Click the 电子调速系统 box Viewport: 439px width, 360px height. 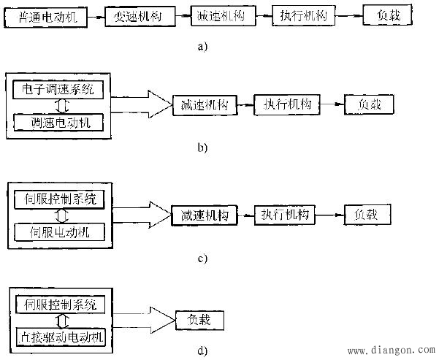click(x=58, y=91)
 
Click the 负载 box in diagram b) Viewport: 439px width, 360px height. click(x=369, y=105)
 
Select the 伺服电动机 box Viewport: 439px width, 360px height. click(x=58, y=231)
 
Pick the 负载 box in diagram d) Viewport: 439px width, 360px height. click(x=199, y=320)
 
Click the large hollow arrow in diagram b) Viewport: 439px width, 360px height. click(x=142, y=105)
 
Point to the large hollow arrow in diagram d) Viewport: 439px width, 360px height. click(x=142, y=319)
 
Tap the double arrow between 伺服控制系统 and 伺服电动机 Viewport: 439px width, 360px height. click(x=58, y=215)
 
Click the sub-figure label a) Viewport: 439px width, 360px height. click(x=202, y=46)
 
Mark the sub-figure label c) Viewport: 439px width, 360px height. click(x=202, y=258)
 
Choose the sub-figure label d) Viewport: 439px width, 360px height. click(x=202, y=351)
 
